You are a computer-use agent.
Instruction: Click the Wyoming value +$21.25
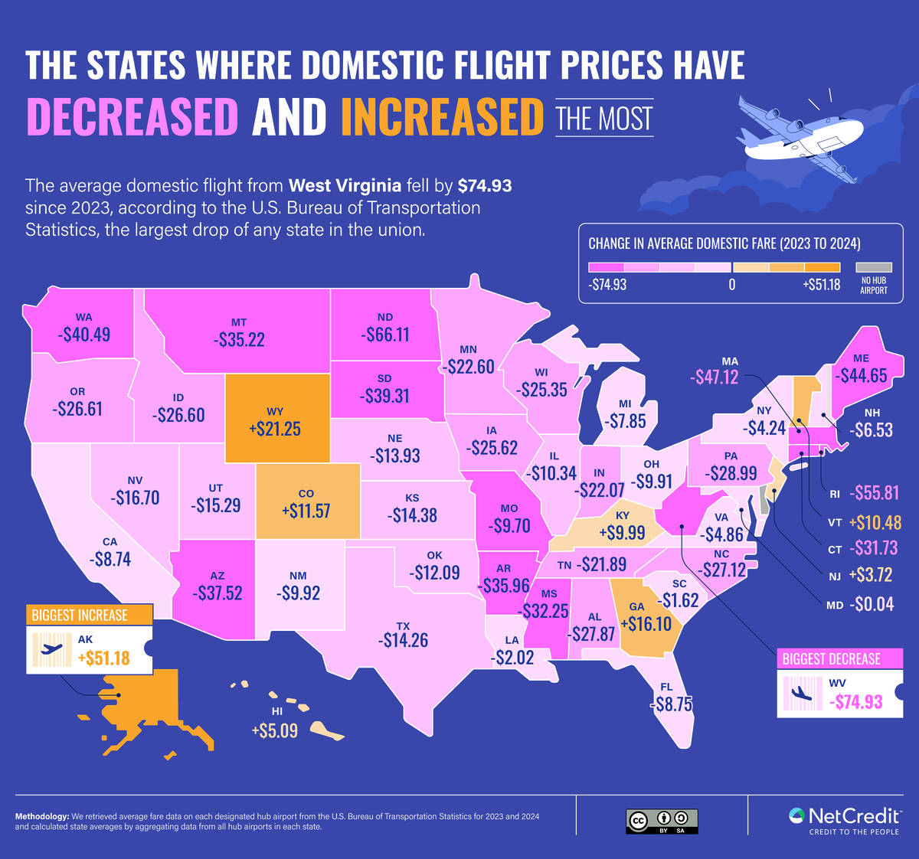[274, 429]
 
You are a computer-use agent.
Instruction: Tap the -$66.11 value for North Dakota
[385, 335]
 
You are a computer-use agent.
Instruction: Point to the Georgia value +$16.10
[645, 624]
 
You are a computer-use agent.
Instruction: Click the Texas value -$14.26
[403, 640]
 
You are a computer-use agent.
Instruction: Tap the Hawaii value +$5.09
[274, 730]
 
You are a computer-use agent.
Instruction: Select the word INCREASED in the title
[437, 116]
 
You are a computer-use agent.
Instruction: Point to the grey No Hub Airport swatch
[872, 268]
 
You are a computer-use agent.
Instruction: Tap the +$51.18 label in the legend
[823, 284]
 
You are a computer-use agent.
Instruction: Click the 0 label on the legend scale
[731, 284]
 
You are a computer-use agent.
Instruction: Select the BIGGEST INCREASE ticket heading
[79, 615]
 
